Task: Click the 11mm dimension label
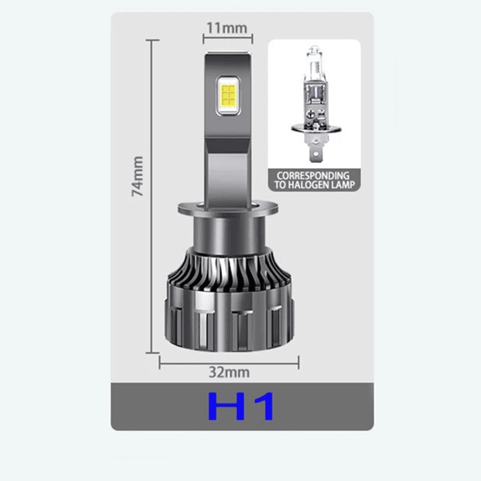pos(227,28)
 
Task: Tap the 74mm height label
pos(139,176)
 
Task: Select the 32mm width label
pos(229,372)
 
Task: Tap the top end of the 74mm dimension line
pos(153,41)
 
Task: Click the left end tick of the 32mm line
pos(160,361)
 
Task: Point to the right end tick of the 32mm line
pos(298,361)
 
